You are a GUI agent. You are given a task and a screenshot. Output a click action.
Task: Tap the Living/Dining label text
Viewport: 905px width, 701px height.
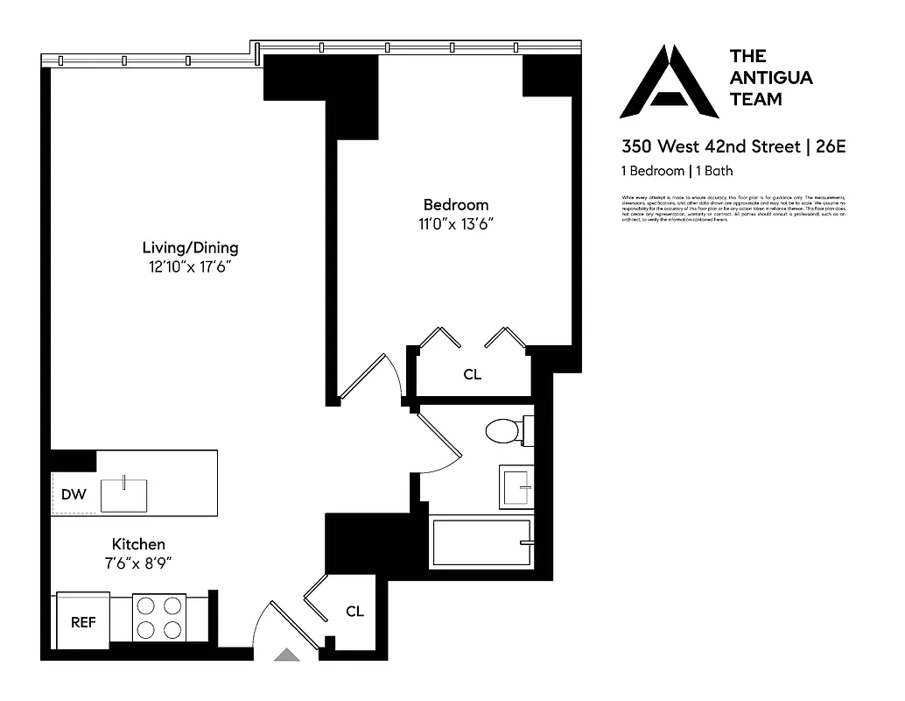190,247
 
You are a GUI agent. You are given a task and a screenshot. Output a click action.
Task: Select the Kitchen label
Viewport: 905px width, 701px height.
138,544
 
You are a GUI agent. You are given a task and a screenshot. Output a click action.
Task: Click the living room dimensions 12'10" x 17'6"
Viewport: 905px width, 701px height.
190,266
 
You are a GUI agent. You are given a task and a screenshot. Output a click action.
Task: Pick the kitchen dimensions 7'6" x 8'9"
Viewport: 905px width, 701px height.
138,563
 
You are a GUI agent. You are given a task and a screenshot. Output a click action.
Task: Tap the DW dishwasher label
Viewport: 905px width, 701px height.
74,495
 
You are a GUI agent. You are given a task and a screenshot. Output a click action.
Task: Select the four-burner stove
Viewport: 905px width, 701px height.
159,618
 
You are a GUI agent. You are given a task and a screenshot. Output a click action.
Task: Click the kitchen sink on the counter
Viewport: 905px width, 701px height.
126,494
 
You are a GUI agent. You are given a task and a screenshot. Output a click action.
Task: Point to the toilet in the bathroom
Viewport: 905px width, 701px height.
506,431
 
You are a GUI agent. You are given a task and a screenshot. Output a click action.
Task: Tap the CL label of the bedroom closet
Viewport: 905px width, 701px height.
472,375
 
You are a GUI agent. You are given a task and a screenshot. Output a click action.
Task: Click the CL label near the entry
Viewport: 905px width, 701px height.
354,612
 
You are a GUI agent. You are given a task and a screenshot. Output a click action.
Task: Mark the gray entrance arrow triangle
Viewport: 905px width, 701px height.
285,654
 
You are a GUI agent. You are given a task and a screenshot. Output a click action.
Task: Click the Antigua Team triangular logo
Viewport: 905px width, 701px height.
669,82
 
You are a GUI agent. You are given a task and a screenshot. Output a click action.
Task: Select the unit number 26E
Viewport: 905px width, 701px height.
831,146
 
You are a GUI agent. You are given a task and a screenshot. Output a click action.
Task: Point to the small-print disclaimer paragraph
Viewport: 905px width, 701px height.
733,209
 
